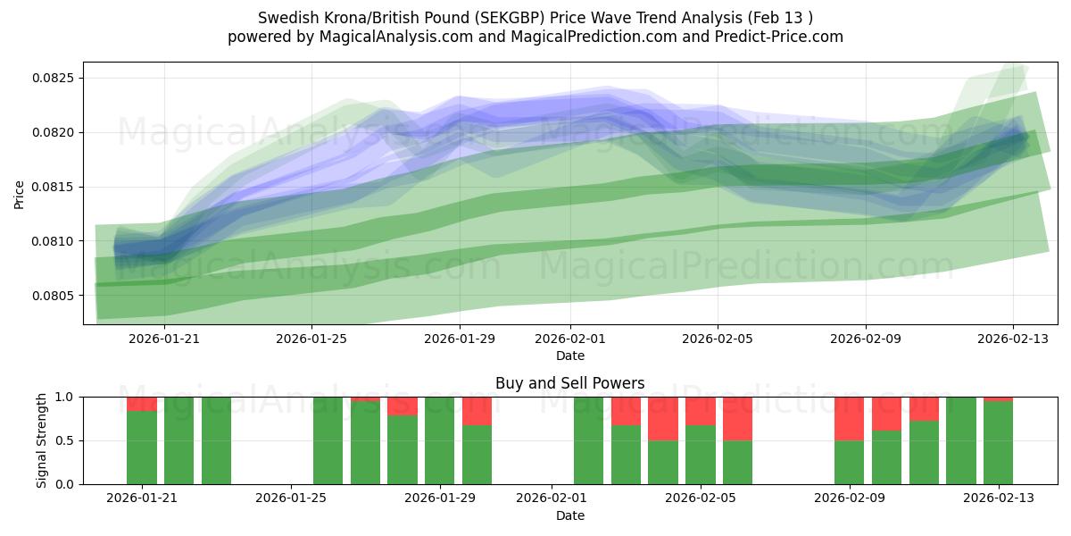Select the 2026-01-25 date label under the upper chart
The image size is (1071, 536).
pyautogui.click(x=311, y=339)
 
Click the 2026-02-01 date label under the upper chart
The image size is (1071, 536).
pyautogui.click(x=570, y=339)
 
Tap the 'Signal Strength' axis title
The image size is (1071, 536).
pyautogui.click(x=42, y=440)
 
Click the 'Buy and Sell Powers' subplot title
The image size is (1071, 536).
pyautogui.click(x=570, y=383)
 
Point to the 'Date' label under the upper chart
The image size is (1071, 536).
pyautogui.click(x=570, y=356)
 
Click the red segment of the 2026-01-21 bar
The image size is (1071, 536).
pyautogui.click(x=142, y=404)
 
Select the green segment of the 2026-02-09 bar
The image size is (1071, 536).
pyautogui.click(x=849, y=462)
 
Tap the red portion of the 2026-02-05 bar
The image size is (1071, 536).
pyautogui.click(x=701, y=411)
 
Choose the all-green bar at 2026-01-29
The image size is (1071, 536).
pyautogui.click(x=440, y=440)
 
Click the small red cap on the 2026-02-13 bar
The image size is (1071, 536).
pyautogui.click(x=998, y=398)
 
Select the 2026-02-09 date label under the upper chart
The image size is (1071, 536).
pyautogui.click(x=865, y=339)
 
